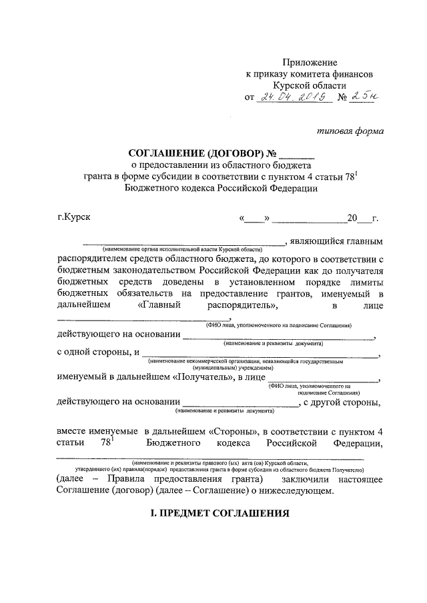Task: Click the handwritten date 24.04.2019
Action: pyautogui.click(x=294, y=98)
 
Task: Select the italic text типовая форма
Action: pyautogui.click(x=350, y=131)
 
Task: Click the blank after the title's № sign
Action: pyautogui.click(x=292, y=155)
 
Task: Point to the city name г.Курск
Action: pyautogui.click(x=75, y=217)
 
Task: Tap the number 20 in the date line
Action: pyautogui.click(x=352, y=218)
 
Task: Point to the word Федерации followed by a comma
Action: pyautogui.click(x=358, y=442)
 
